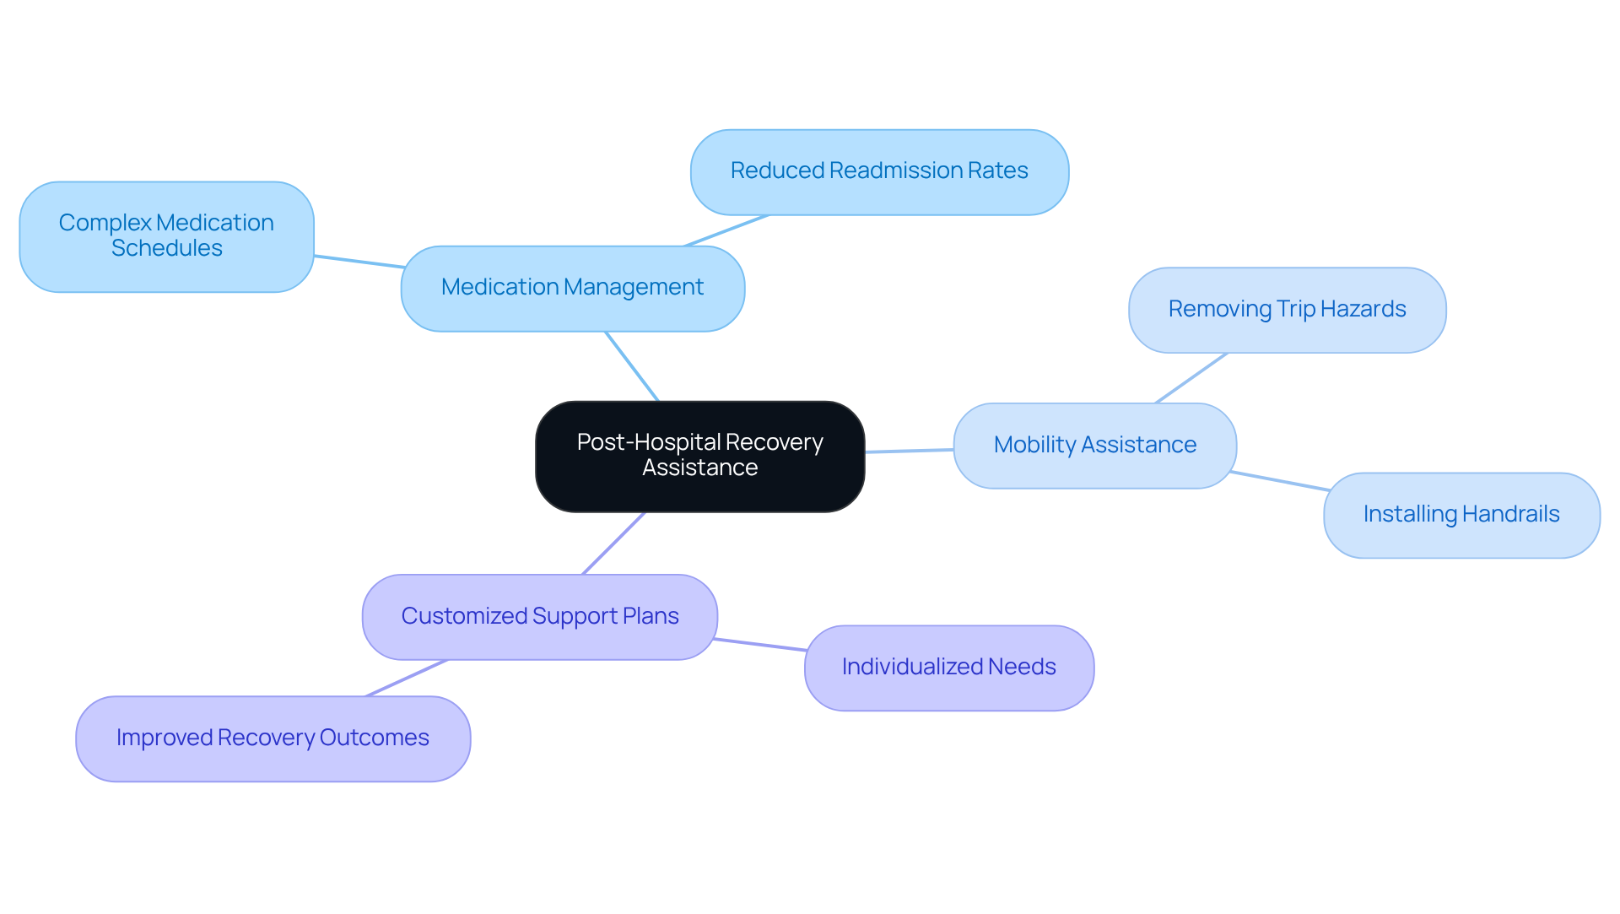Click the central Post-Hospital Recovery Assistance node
(x=699, y=456)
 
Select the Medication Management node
(x=572, y=288)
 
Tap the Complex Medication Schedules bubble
(x=166, y=236)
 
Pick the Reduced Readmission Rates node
(x=879, y=171)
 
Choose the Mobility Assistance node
(x=1094, y=445)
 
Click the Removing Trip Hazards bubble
(x=1287, y=310)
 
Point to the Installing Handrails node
(x=1461, y=515)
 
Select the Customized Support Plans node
(x=539, y=617)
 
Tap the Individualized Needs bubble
(x=948, y=668)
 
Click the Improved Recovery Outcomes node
(x=273, y=738)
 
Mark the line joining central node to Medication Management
(x=632, y=366)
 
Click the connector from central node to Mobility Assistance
(x=909, y=451)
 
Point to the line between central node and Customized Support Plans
(x=613, y=544)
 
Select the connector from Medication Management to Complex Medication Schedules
(x=359, y=262)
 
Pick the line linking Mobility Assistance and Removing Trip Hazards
(x=1191, y=378)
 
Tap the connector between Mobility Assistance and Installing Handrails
(x=1279, y=481)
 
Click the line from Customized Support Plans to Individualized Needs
(x=760, y=645)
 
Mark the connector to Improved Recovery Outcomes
(x=406, y=678)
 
